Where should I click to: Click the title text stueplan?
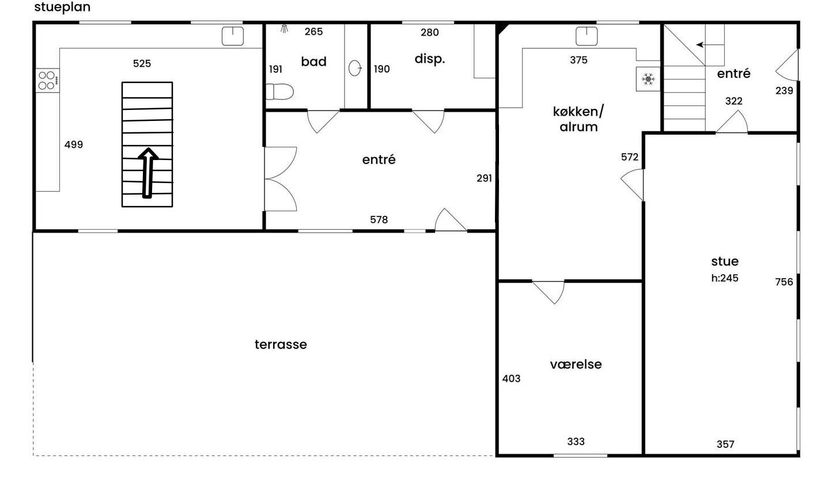(x=62, y=7)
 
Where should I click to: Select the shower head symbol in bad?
(x=284, y=29)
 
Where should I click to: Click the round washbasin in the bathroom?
(x=355, y=68)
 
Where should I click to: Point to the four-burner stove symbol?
(x=48, y=81)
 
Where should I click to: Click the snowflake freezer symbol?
(x=648, y=79)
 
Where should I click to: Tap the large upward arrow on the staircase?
(x=148, y=173)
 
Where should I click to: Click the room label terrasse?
(x=281, y=344)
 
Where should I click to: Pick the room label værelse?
(x=576, y=364)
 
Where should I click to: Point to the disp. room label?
(x=430, y=59)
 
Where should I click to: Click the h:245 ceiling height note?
(x=724, y=278)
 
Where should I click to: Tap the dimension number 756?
(x=784, y=282)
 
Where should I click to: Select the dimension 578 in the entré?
(x=379, y=220)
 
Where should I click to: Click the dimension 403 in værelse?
(x=512, y=379)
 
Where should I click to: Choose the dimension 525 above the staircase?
(x=142, y=64)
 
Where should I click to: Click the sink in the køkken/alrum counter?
(x=587, y=36)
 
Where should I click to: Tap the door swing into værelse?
(x=549, y=292)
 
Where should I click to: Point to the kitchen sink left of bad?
(x=233, y=36)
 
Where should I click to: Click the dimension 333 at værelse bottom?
(x=576, y=442)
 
